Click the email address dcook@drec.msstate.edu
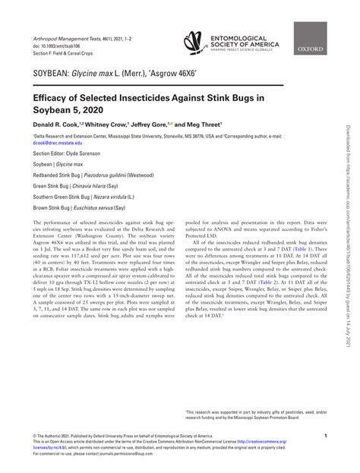coord(59,143)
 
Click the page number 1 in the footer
coord(325,437)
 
